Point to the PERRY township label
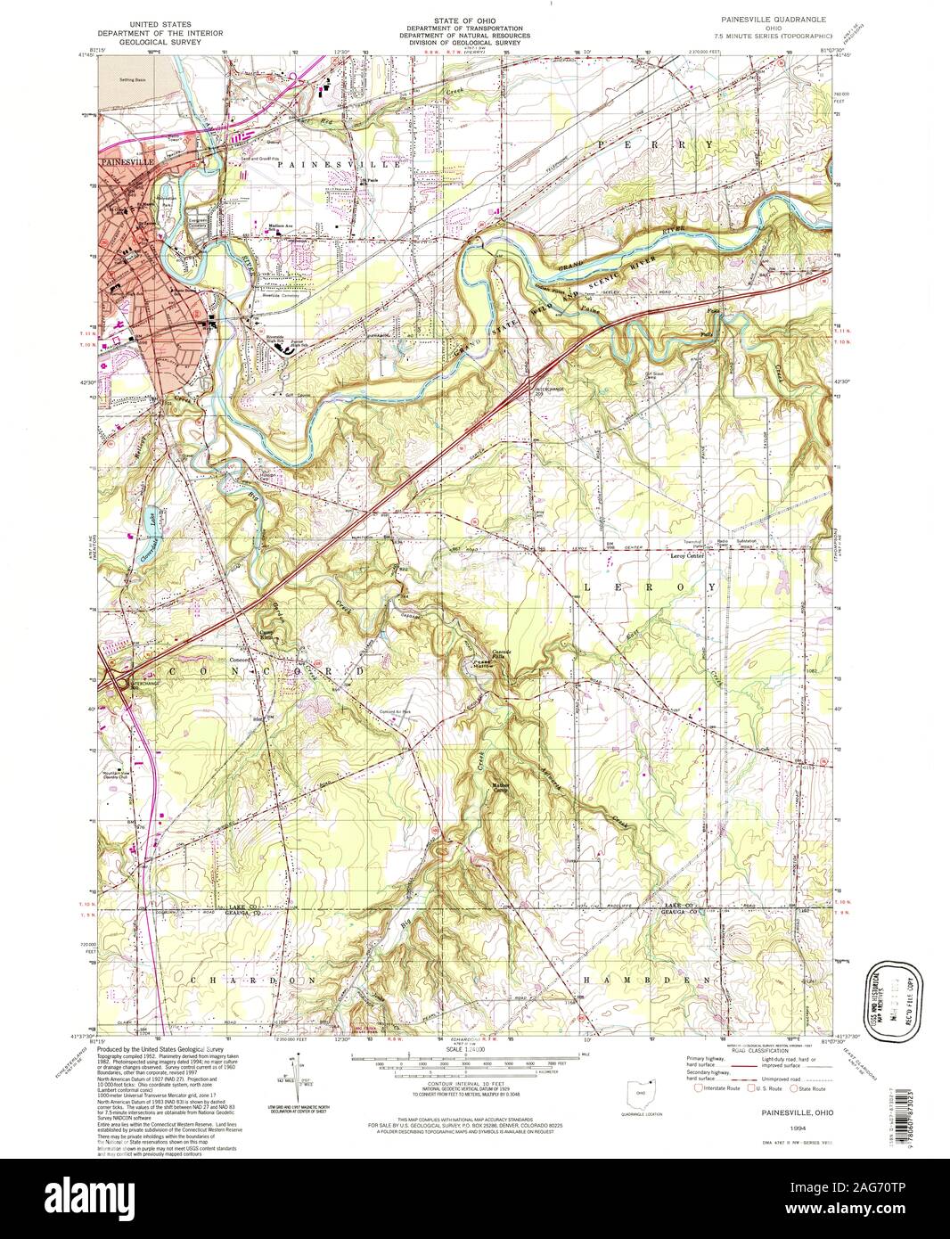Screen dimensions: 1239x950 point(655,144)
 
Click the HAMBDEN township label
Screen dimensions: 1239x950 point(649,979)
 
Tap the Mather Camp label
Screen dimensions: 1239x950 point(502,787)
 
